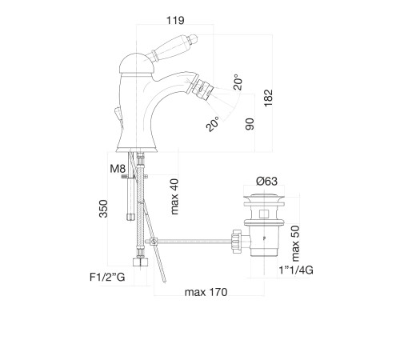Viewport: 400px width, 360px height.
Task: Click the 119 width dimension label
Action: (x=175, y=20)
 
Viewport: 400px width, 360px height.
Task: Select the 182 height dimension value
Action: (x=268, y=98)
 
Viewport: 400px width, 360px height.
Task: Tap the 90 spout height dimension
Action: (x=250, y=124)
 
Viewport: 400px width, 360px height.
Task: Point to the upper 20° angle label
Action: (x=238, y=82)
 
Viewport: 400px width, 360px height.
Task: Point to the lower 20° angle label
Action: (x=213, y=124)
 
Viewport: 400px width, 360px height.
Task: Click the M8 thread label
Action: (x=118, y=169)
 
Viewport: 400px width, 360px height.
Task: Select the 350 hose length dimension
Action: (x=103, y=209)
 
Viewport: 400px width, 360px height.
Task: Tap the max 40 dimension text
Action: (x=174, y=197)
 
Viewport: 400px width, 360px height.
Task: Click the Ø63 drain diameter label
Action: (x=266, y=182)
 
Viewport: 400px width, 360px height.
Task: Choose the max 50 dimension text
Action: (x=295, y=243)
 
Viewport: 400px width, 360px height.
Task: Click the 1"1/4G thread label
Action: (x=296, y=270)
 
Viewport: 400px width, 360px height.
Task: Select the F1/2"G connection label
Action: (x=107, y=278)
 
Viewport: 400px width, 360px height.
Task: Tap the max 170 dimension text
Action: (x=206, y=292)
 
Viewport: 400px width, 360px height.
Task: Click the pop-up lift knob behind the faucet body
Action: (x=118, y=114)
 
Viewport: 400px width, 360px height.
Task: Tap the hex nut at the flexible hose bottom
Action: (x=140, y=262)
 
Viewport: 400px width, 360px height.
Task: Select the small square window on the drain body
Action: (x=264, y=214)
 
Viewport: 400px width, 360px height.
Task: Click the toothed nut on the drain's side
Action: (x=237, y=242)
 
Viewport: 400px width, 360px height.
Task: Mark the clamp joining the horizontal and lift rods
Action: (x=153, y=242)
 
